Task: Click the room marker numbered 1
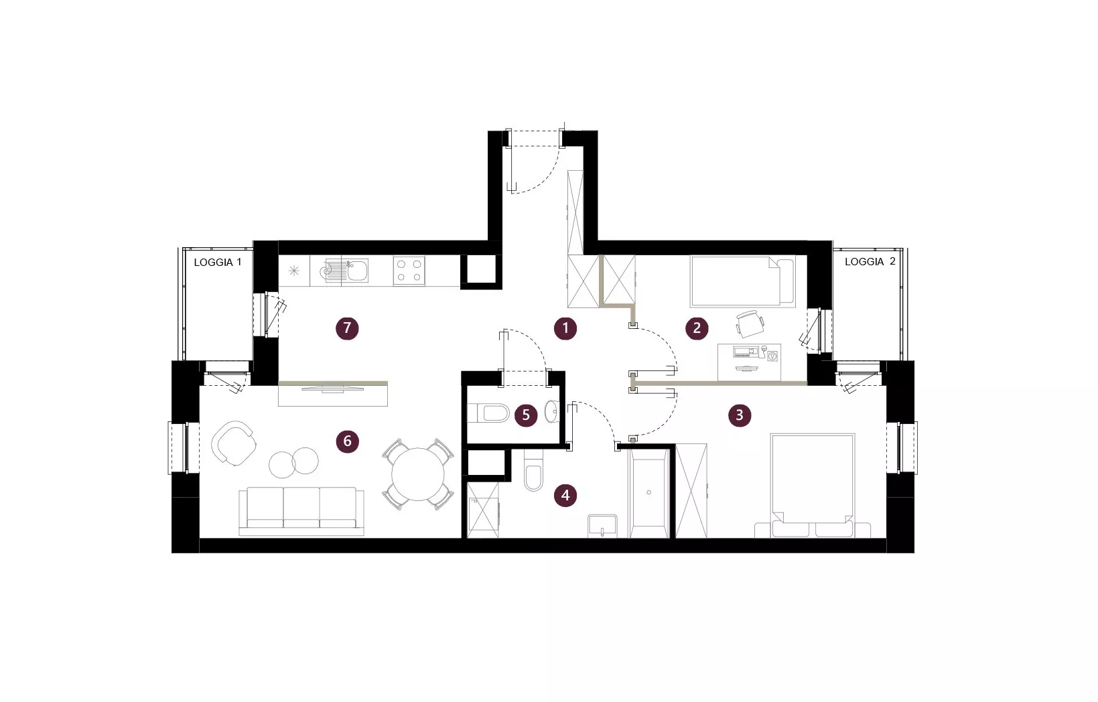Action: pos(565,328)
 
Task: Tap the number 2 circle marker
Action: pos(697,328)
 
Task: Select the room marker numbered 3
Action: pos(740,415)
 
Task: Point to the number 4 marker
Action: pos(565,495)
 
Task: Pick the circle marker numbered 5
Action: pos(526,415)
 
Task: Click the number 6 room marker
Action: pos(347,441)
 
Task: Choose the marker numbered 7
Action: pos(347,328)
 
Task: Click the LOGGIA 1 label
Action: pos(218,263)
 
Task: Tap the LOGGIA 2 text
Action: pos(870,262)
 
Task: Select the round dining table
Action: pos(417,474)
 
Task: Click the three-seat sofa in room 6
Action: pos(301,511)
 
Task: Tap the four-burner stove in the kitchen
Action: pos(409,271)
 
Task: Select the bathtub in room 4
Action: pos(648,494)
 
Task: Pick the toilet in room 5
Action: pos(489,413)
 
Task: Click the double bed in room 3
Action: pos(812,486)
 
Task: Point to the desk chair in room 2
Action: pos(750,324)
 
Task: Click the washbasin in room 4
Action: pos(602,526)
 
